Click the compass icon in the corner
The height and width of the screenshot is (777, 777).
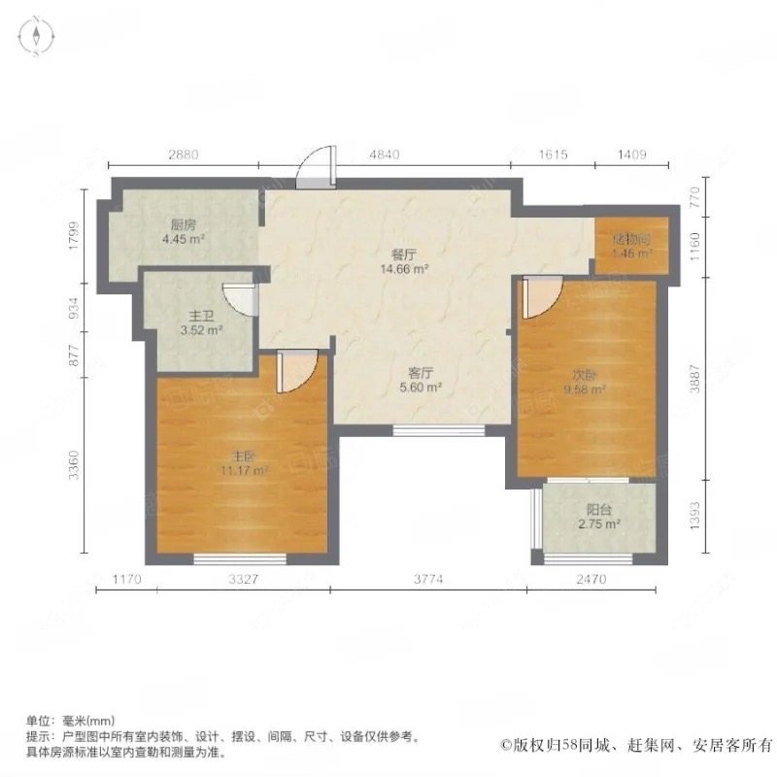[36, 37]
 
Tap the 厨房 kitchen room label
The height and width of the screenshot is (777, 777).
[182, 222]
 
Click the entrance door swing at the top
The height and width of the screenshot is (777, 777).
[317, 170]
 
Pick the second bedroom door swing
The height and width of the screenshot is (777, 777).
[540, 297]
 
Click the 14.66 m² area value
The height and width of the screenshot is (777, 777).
[405, 271]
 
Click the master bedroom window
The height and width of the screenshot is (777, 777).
[240, 557]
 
